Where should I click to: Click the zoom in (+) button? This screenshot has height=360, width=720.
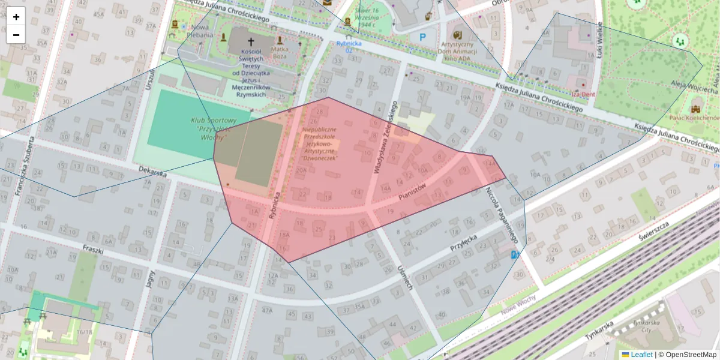pos(16,17)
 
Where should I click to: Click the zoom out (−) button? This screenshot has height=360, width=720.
pos(16,35)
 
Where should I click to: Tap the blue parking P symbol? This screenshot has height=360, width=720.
pos(422,37)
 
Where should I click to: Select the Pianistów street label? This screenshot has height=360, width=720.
pos(412,193)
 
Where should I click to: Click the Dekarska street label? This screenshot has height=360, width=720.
pos(151,173)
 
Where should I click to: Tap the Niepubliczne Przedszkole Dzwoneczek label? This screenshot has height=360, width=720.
pos(319,143)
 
